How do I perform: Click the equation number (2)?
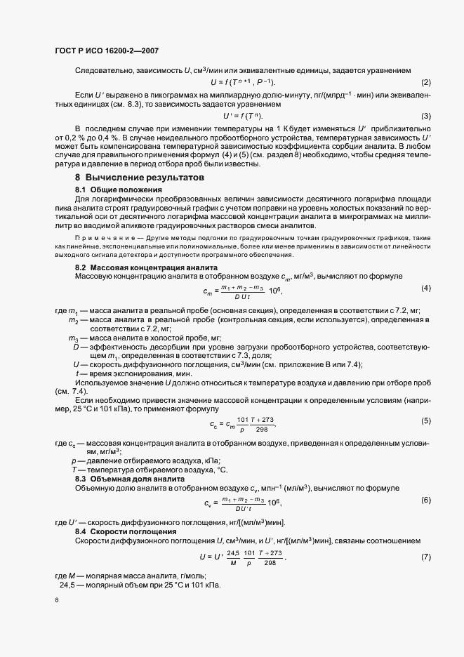point(425,83)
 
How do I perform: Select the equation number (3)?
point(425,116)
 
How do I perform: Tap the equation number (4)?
point(425,288)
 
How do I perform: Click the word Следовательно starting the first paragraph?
point(100,71)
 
